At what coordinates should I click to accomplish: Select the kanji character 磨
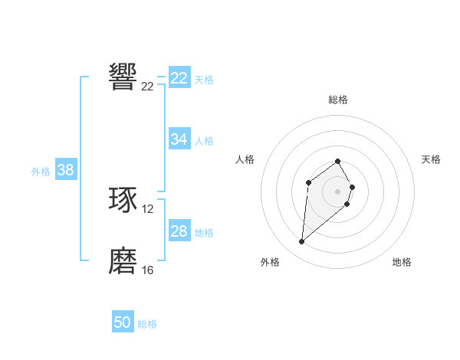(x=123, y=261)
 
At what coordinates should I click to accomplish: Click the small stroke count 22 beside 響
(x=148, y=87)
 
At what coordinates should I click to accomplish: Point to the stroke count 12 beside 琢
(x=148, y=209)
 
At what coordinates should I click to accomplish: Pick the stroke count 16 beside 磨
(x=148, y=270)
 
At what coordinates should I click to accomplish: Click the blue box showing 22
(x=179, y=78)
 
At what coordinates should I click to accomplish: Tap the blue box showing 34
(x=179, y=139)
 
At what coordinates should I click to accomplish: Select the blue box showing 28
(x=179, y=231)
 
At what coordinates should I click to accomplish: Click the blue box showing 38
(x=65, y=170)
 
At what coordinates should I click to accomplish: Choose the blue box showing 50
(x=123, y=322)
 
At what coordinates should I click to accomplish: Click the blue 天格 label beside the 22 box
(x=204, y=79)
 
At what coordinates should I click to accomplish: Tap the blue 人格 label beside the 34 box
(x=204, y=141)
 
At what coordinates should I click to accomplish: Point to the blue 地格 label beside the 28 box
(x=204, y=233)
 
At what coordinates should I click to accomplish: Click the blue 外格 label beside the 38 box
(x=41, y=172)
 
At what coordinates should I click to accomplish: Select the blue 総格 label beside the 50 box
(x=147, y=324)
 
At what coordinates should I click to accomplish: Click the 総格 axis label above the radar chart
(x=338, y=100)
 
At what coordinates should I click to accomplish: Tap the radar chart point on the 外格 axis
(x=302, y=242)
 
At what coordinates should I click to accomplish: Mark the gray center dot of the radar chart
(x=338, y=191)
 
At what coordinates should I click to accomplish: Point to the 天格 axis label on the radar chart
(x=431, y=159)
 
